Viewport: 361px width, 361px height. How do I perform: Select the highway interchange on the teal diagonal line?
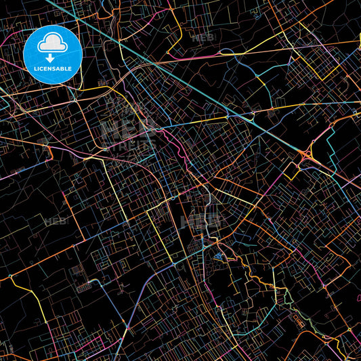[x=307, y=156]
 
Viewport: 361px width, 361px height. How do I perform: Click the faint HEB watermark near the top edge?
[x=203, y=38]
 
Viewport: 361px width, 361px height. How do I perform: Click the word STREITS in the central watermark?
[x=129, y=144]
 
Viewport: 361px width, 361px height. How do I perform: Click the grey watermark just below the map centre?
[x=201, y=220]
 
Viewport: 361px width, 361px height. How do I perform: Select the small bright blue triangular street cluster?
[x=218, y=256]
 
